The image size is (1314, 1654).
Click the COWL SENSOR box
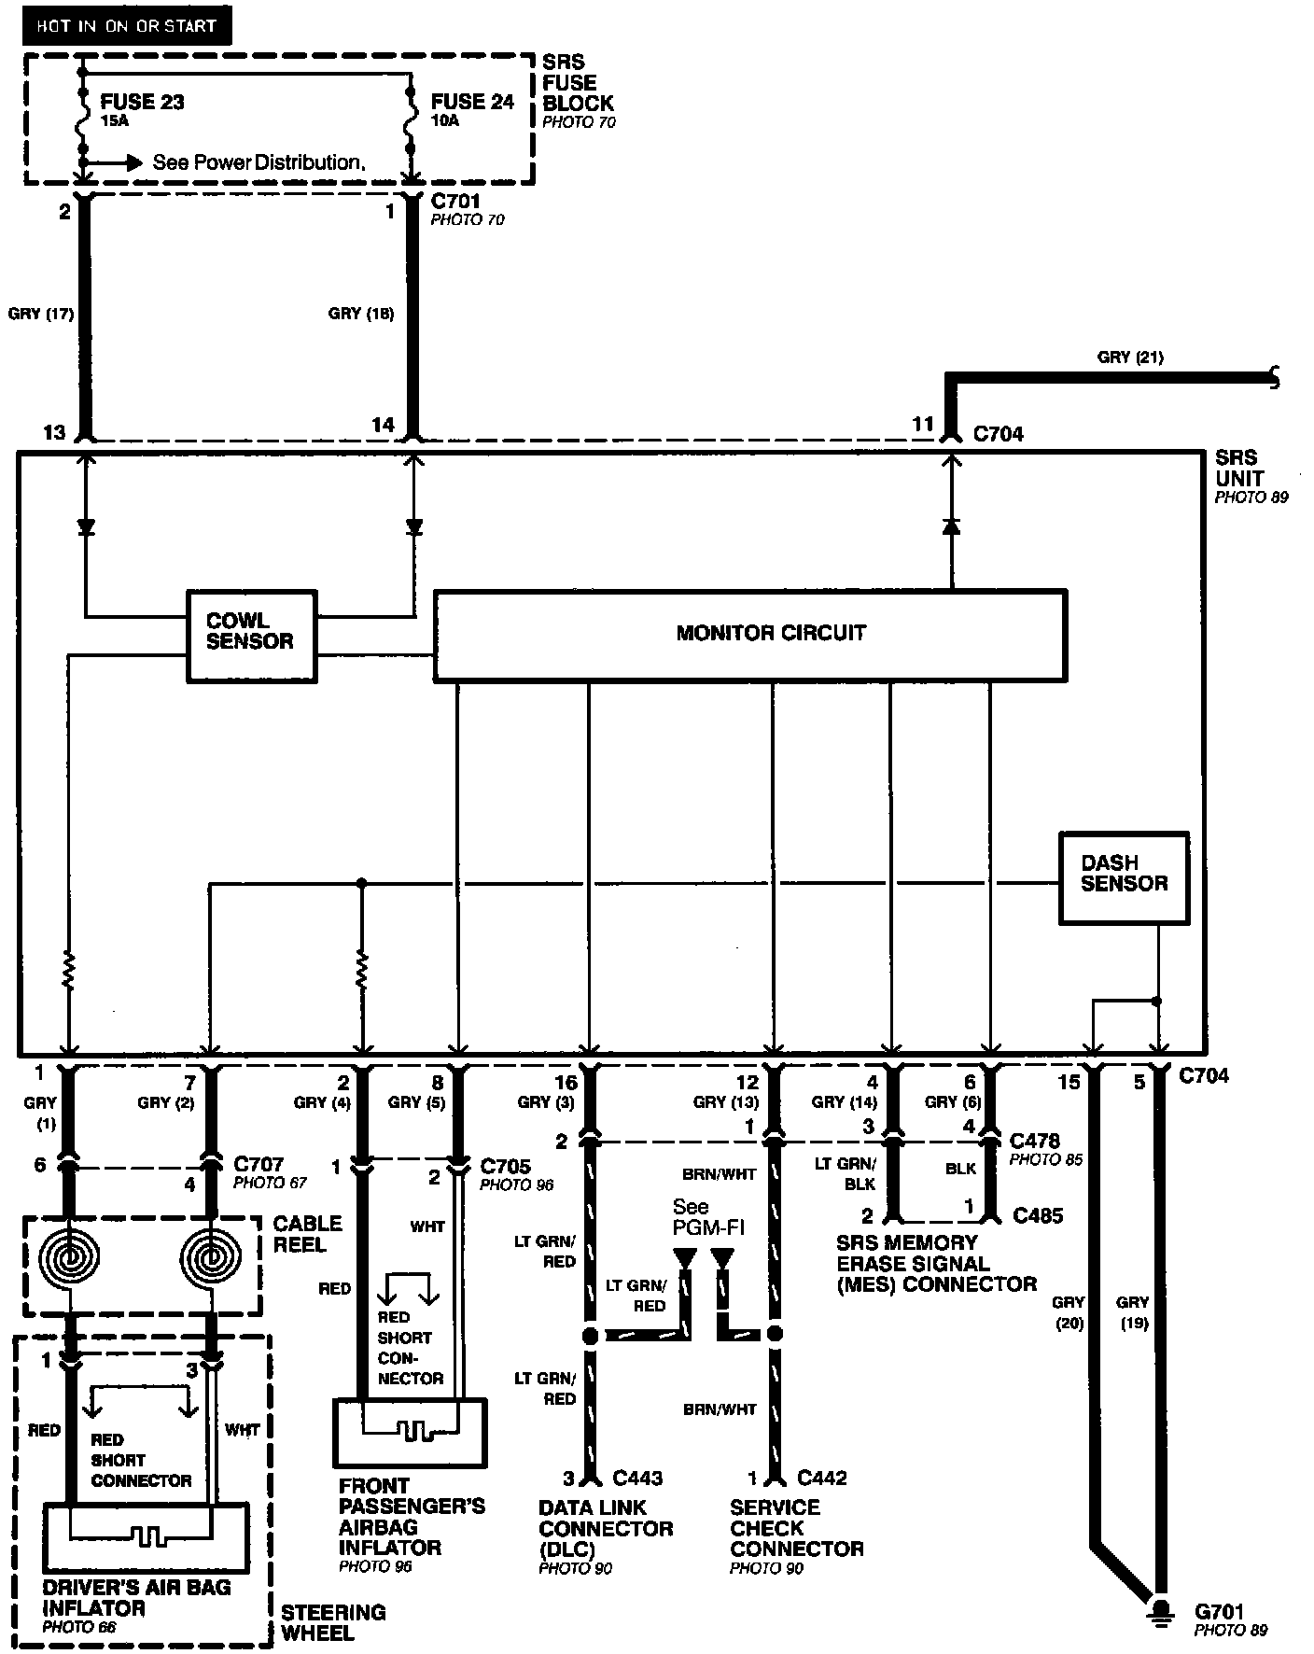[x=251, y=634]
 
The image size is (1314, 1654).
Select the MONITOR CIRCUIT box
[x=750, y=634]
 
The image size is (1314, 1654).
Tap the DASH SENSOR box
[x=1124, y=876]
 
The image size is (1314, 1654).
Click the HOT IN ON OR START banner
[x=126, y=26]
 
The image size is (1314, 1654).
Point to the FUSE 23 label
[x=142, y=102]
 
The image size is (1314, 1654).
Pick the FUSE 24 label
[x=472, y=102]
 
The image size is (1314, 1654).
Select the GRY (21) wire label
[x=1130, y=357]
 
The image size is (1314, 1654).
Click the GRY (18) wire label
[x=361, y=314]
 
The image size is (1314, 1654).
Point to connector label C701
[x=455, y=201]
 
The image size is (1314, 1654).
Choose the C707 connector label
[x=259, y=1164]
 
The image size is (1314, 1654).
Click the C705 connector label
[x=505, y=1166]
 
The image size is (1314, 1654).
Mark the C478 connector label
[x=1034, y=1141]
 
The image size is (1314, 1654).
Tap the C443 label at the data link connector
[x=637, y=1478]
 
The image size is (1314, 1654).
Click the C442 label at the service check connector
[x=822, y=1478]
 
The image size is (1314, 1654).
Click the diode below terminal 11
[x=951, y=526]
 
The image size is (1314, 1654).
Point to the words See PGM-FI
[x=708, y=1216]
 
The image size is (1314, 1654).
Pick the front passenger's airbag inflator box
[x=410, y=1431]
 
